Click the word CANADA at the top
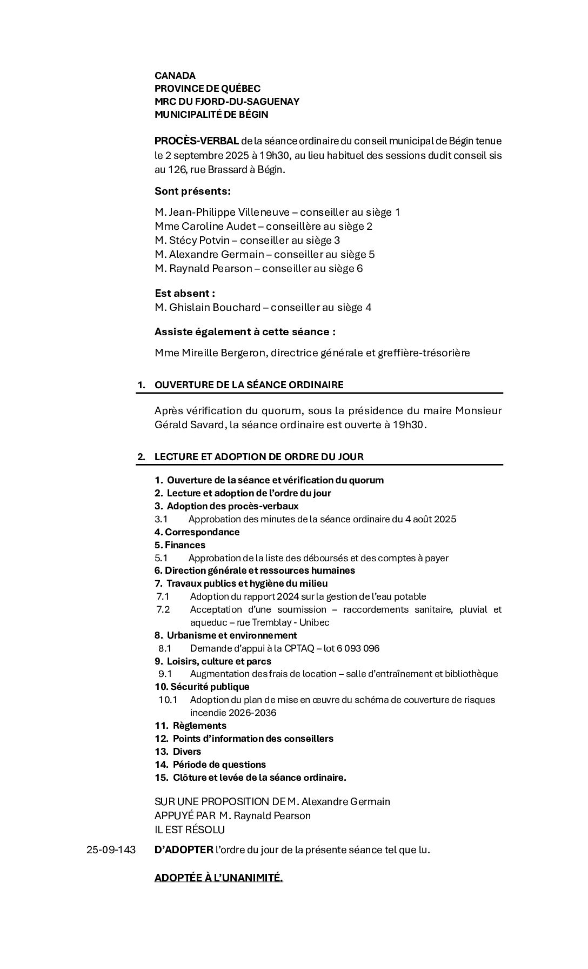(175, 76)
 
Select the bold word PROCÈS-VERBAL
(197, 141)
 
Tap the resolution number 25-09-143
(111, 849)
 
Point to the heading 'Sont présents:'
(192, 191)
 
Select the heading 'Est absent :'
(185, 293)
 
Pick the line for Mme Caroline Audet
(263, 226)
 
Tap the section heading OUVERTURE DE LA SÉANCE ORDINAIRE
(249, 385)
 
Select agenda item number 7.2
(163, 609)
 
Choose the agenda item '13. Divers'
(178, 752)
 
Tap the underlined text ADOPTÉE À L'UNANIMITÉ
(218, 878)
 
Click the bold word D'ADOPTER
(184, 849)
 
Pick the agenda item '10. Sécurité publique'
(202, 687)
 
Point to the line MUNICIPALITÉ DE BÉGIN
(211, 115)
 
